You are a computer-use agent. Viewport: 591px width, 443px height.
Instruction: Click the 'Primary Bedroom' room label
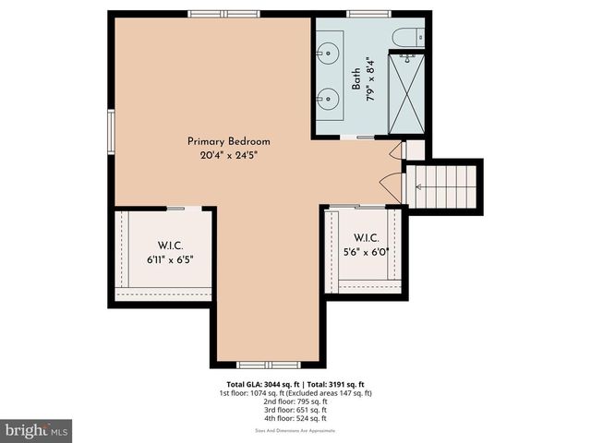click(228, 141)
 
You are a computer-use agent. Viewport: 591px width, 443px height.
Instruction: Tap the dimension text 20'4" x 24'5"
click(228, 156)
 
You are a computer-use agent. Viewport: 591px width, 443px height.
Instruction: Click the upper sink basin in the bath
click(329, 53)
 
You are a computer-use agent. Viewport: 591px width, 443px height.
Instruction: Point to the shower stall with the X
click(405, 95)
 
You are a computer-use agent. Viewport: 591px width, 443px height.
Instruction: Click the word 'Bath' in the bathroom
click(356, 78)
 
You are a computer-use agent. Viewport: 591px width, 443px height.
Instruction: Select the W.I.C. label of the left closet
click(169, 245)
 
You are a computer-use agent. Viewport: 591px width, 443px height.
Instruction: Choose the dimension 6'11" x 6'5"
click(169, 260)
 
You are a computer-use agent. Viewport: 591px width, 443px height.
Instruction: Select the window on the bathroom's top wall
click(360, 14)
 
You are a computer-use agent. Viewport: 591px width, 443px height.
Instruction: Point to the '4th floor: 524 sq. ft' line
click(295, 418)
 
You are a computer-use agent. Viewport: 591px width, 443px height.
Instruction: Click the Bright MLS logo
click(37, 430)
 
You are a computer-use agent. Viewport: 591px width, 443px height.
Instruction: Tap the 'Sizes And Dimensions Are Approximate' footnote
click(295, 430)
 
